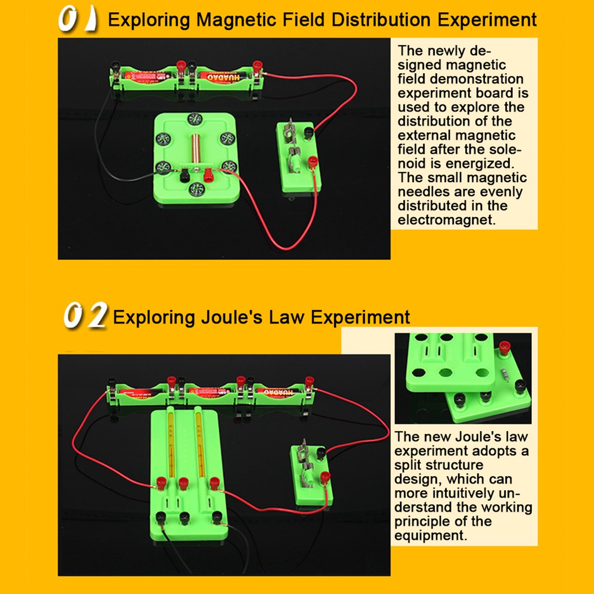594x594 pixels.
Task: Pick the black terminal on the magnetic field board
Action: pos(184,174)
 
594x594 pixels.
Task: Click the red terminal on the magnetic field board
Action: pos(207,172)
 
